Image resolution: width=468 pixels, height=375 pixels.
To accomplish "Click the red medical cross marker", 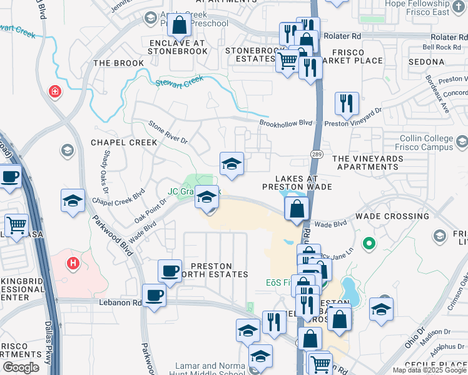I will coord(55,92).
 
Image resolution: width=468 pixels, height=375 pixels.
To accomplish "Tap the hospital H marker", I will coord(73,264).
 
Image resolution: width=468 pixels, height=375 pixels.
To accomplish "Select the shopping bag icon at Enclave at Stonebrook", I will coord(179,26).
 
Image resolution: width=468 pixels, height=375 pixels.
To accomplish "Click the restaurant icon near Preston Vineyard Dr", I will coord(347,104).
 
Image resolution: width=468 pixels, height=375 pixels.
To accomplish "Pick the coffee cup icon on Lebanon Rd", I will coord(154,295).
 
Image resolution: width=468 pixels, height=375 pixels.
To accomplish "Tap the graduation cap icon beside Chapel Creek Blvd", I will coord(73,201).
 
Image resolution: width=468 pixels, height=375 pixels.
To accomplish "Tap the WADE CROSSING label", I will coord(392,216).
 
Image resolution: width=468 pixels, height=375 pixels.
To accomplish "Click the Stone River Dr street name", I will coord(168,132).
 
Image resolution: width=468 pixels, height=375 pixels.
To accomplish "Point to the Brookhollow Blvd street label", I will coord(286,123).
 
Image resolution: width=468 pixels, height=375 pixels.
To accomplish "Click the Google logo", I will coord(21,367).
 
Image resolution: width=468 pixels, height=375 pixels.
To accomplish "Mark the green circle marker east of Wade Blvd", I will coord(369,242).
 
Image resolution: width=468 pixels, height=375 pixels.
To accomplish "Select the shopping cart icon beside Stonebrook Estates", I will coord(287,61).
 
